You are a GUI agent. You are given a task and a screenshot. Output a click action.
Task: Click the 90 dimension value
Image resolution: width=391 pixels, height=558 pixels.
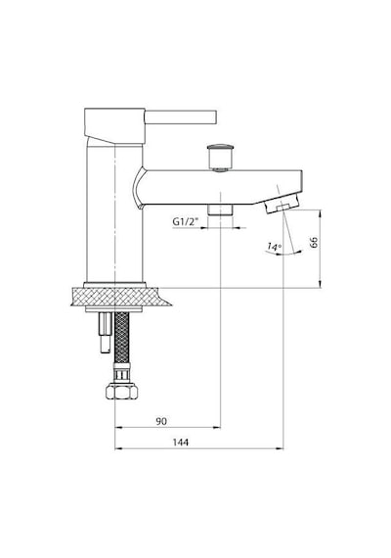(161, 421)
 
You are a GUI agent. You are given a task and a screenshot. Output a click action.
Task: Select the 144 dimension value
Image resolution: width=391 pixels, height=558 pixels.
(181, 442)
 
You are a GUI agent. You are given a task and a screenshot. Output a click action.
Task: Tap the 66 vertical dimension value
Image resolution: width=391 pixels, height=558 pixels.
(314, 242)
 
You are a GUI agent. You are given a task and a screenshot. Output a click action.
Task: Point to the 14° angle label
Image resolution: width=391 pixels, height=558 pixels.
(275, 246)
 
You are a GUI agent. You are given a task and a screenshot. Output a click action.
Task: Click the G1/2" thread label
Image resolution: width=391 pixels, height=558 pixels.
(185, 221)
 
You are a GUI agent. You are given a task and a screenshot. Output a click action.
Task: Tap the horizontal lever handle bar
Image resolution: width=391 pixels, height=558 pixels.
(181, 117)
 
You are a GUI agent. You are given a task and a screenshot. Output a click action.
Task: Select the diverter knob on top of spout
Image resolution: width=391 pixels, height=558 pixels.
(221, 157)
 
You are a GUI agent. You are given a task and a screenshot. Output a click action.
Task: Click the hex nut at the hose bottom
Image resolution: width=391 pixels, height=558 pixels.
(121, 392)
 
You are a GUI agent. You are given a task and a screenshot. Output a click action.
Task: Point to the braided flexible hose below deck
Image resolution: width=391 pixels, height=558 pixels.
(121, 338)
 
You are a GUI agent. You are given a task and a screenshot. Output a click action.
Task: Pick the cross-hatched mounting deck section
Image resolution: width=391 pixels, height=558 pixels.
(120, 297)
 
